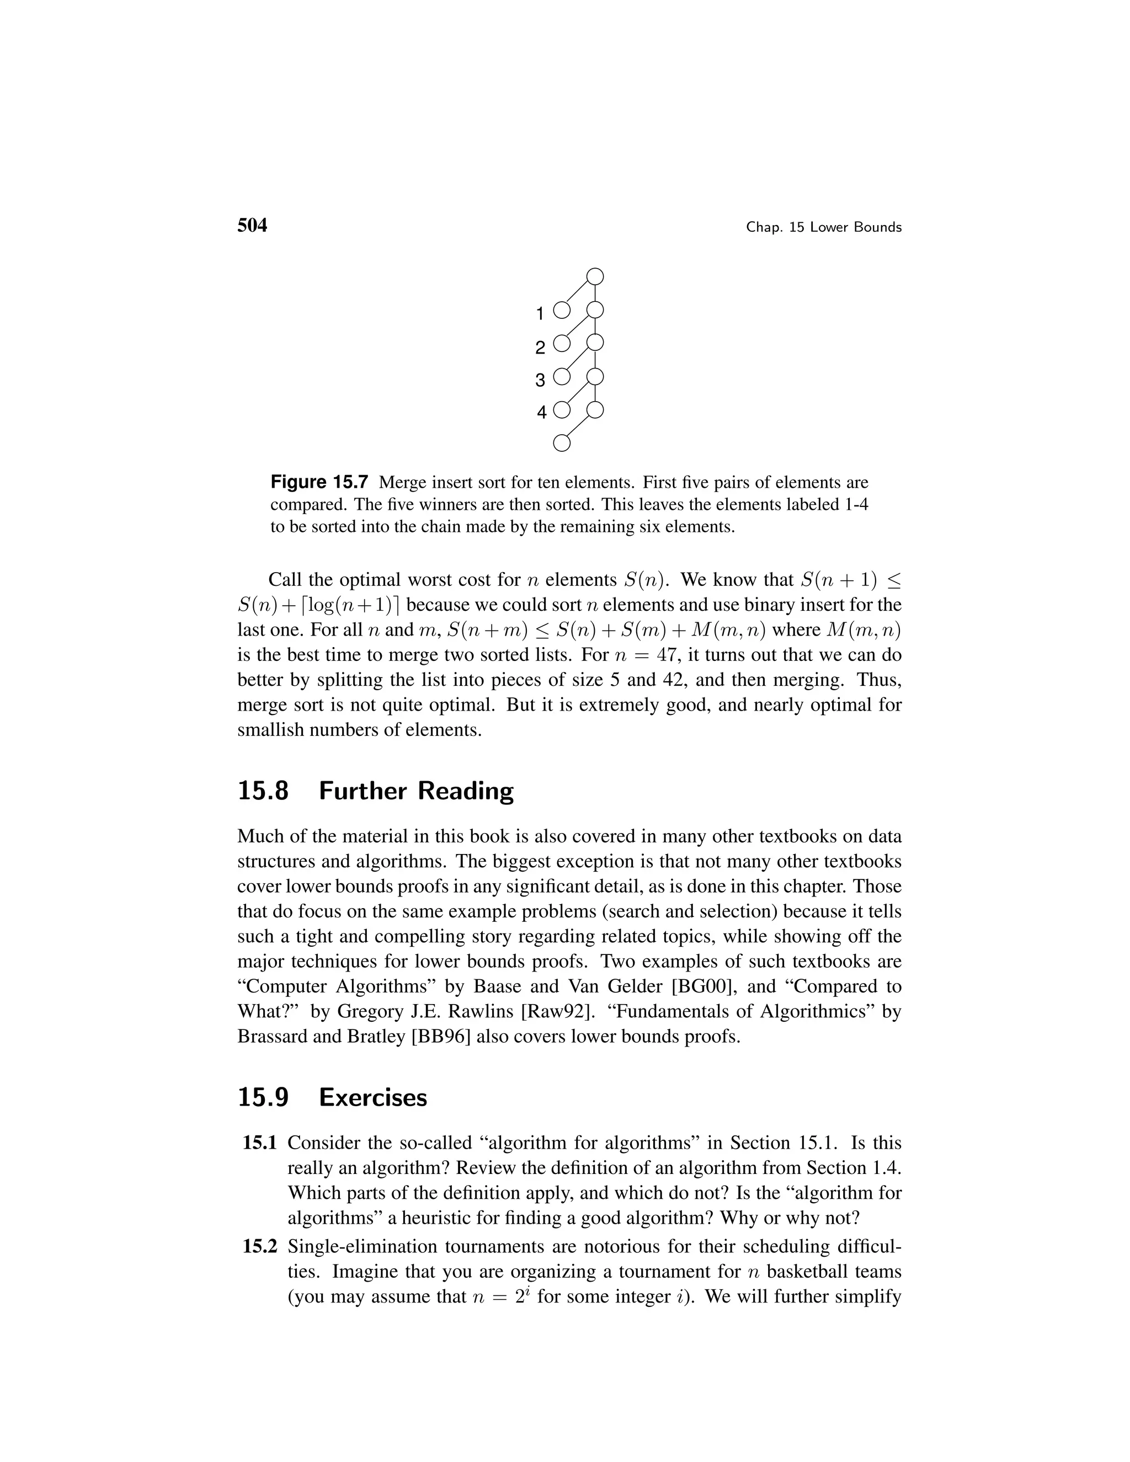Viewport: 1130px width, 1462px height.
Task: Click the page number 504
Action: tap(252, 226)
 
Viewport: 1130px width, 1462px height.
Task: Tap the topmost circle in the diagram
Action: tap(595, 276)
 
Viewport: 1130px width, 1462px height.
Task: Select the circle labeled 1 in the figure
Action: tap(562, 311)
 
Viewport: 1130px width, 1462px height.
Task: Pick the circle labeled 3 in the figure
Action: tap(562, 377)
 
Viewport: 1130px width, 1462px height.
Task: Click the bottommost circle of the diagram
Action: tap(562, 443)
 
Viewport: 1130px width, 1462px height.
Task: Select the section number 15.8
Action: tap(263, 791)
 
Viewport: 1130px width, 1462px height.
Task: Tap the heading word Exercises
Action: tap(373, 1098)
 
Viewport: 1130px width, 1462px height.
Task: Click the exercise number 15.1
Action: tap(260, 1143)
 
